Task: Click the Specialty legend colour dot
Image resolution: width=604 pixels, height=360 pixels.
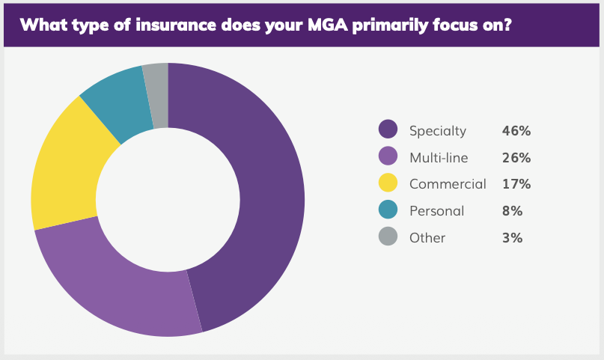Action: (x=388, y=130)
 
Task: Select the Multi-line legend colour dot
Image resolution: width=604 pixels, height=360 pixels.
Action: (x=388, y=157)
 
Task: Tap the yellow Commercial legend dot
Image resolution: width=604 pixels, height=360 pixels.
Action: (x=388, y=183)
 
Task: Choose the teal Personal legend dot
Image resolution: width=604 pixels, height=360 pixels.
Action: (x=388, y=210)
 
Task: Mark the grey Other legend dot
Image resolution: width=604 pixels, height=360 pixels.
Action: (x=388, y=237)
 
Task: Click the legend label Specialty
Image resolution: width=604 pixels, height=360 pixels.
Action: (x=438, y=131)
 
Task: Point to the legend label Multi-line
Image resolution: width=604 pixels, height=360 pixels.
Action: (x=439, y=158)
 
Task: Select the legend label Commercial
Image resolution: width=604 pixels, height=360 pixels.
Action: (x=448, y=184)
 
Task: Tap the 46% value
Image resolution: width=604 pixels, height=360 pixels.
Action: (x=516, y=131)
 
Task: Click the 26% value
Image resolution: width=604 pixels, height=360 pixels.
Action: (x=516, y=158)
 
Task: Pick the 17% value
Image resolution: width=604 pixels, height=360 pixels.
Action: (x=516, y=184)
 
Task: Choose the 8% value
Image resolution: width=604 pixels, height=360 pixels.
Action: (x=513, y=211)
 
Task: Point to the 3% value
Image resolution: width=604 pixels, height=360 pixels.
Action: (x=513, y=238)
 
